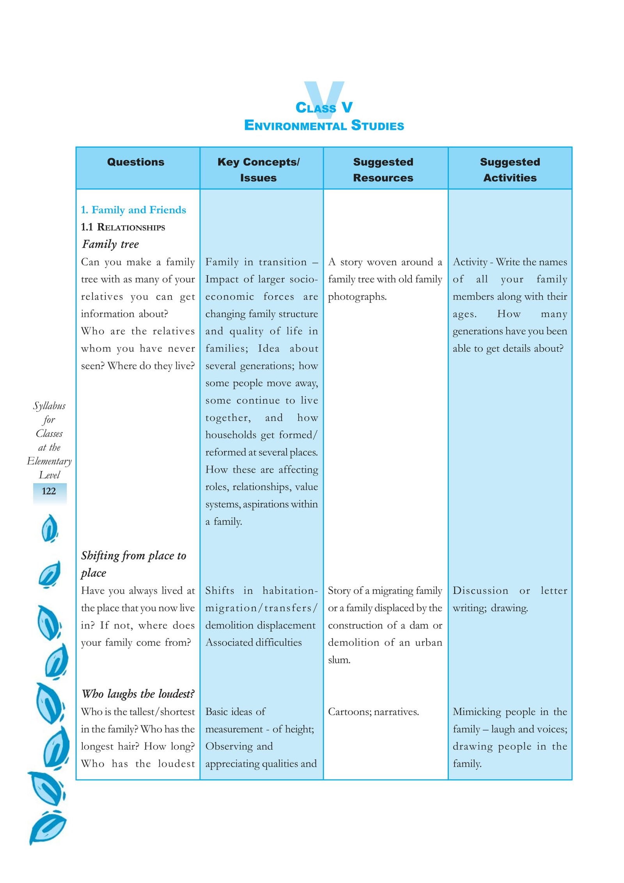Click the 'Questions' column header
[135, 162]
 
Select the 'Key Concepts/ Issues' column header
[258, 169]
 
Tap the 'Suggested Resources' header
[383, 169]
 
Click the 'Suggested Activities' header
[509, 169]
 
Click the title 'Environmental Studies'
[324, 125]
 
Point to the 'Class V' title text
[324, 107]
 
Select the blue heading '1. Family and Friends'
[133, 210]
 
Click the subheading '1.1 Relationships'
[123, 227]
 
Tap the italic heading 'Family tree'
[110, 244]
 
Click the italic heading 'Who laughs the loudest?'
[138, 694]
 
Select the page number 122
[49, 491]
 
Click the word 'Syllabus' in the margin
[49, 406]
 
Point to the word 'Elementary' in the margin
[49, 461]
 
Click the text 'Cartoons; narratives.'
[373, 712]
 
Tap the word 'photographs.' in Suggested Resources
[357, 296]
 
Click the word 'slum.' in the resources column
[339, 660]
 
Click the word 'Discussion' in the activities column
[480, 591]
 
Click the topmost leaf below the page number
[50, 528]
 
